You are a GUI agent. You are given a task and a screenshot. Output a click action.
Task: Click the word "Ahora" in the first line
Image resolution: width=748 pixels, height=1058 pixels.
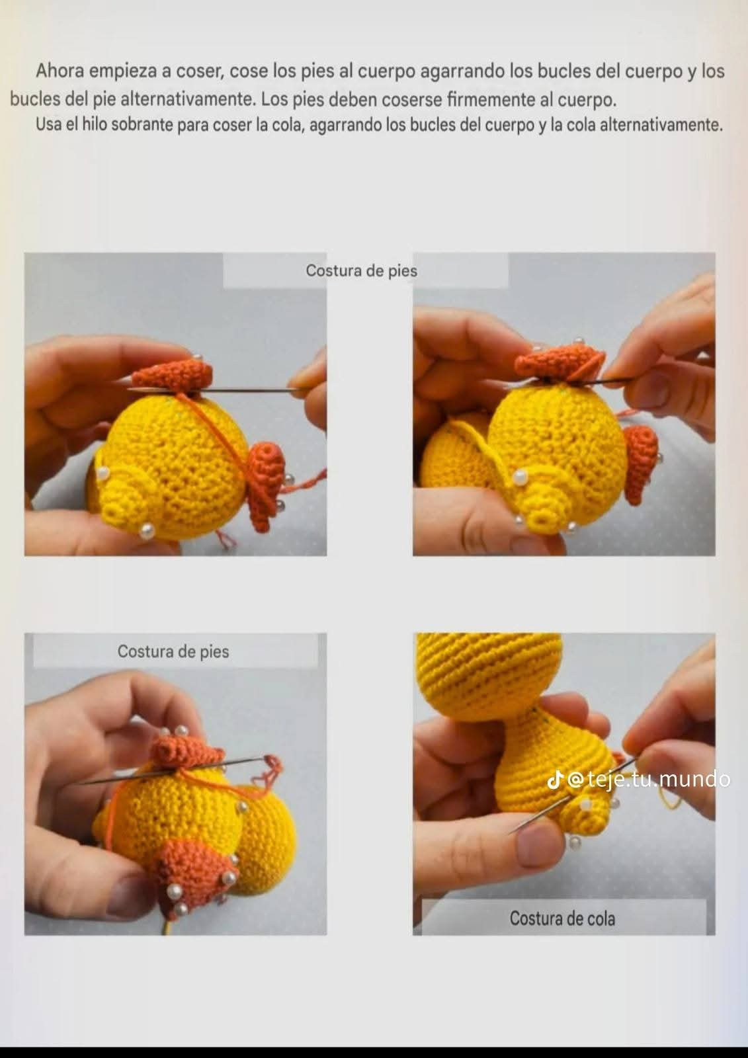tap(60, 71)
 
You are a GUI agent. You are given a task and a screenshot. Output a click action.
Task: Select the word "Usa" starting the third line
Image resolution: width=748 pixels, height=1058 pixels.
tap(47, 125)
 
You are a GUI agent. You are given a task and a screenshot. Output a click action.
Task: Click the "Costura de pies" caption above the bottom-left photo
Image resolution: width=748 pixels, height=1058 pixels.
tap(173, 651)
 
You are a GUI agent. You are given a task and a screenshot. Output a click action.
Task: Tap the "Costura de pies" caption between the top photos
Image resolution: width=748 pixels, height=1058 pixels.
tap(362, 270)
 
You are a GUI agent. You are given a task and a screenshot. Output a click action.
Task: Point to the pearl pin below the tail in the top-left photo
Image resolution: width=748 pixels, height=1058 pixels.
tap(147, 532)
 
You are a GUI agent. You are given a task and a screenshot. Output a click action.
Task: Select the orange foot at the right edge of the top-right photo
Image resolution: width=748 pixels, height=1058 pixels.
tap(642, 462)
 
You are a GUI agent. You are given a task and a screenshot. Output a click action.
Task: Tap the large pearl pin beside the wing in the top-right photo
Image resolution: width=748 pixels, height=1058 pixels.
tap(520, 477)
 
